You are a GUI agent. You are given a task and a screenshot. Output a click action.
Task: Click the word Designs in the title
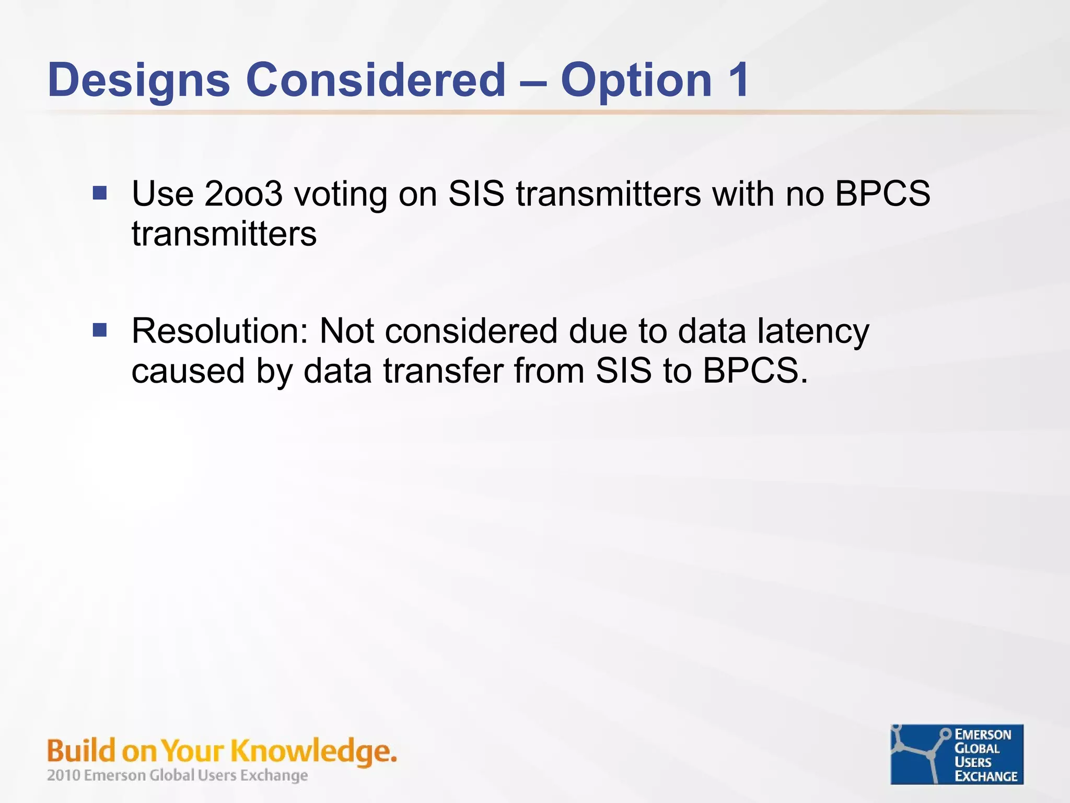[x=138, y=80]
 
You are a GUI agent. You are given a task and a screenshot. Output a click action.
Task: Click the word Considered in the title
[x=376, y=80]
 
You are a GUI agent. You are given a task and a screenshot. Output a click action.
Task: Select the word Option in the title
[x=636, y=80]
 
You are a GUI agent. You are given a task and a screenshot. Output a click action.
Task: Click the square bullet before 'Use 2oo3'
[x=99, y=193]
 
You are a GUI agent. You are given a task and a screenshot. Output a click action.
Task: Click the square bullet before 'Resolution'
[x=99, y=330]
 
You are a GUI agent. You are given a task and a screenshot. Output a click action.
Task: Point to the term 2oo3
[x=243, y=193]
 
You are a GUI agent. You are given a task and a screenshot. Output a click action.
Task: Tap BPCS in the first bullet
[x=882, y=193]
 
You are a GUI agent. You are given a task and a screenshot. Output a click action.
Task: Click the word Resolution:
[x=220, y=331]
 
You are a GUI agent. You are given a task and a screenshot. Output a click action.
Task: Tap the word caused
[x=188, y=371]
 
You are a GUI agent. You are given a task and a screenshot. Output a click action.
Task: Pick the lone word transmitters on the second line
[x=224, y=234]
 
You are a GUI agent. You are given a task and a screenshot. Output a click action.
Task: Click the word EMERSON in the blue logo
[x=983, y=735]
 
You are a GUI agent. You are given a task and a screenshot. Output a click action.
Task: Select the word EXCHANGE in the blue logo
[x=986, y=776]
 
